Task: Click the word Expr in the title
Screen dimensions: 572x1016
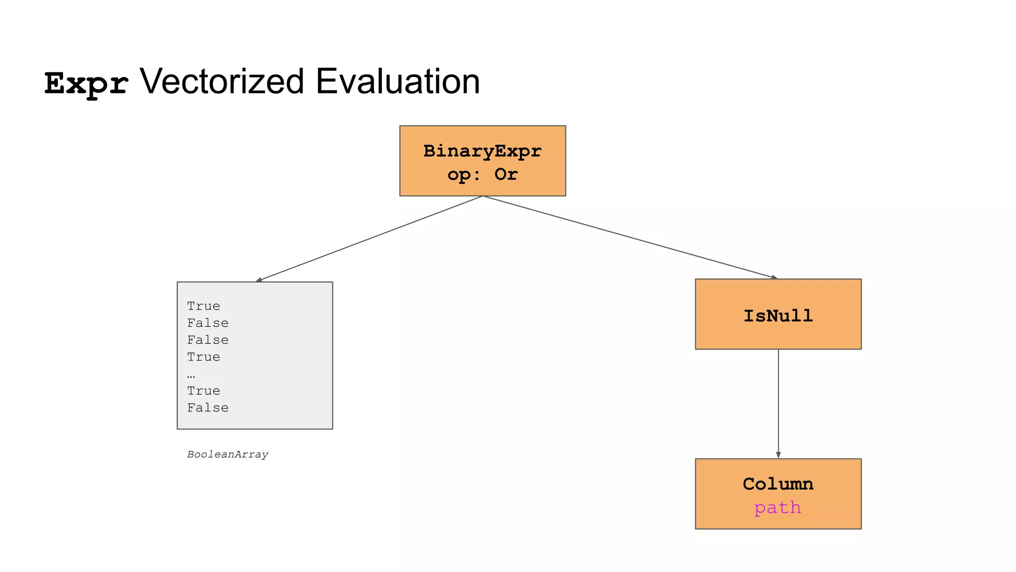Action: tap(86, 83)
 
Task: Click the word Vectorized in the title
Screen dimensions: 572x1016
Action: tap(221, 81)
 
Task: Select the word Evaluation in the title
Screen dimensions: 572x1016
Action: tap(397, 81)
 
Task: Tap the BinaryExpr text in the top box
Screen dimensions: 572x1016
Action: tap(482, 150)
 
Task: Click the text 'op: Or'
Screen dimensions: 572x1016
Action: tap(482, 174)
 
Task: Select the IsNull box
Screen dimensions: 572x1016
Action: tap(778, 314)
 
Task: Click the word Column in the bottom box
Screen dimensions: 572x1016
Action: tap(778, 484)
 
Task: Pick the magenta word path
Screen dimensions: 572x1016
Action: tap(777, 507)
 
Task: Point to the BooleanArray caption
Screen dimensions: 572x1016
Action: tap(228, 454)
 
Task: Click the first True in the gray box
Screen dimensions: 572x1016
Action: tap(203, 306)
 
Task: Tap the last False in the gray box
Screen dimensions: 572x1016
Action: tap(208, 408)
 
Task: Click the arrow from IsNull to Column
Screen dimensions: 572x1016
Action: tap(778, 402)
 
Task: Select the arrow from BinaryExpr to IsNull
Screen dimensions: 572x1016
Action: tap(630, 237)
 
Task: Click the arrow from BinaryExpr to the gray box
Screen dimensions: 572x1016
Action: tap(370, 238)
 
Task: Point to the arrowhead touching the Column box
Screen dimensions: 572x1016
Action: tap(778, 455)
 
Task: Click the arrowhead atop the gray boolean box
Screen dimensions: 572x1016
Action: tap(258, 280)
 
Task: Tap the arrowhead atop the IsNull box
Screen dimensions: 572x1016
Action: tap(774, 277)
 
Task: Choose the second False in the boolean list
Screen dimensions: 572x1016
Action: tap(208, 340)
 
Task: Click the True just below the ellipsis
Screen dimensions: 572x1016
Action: tap(203, 391)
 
